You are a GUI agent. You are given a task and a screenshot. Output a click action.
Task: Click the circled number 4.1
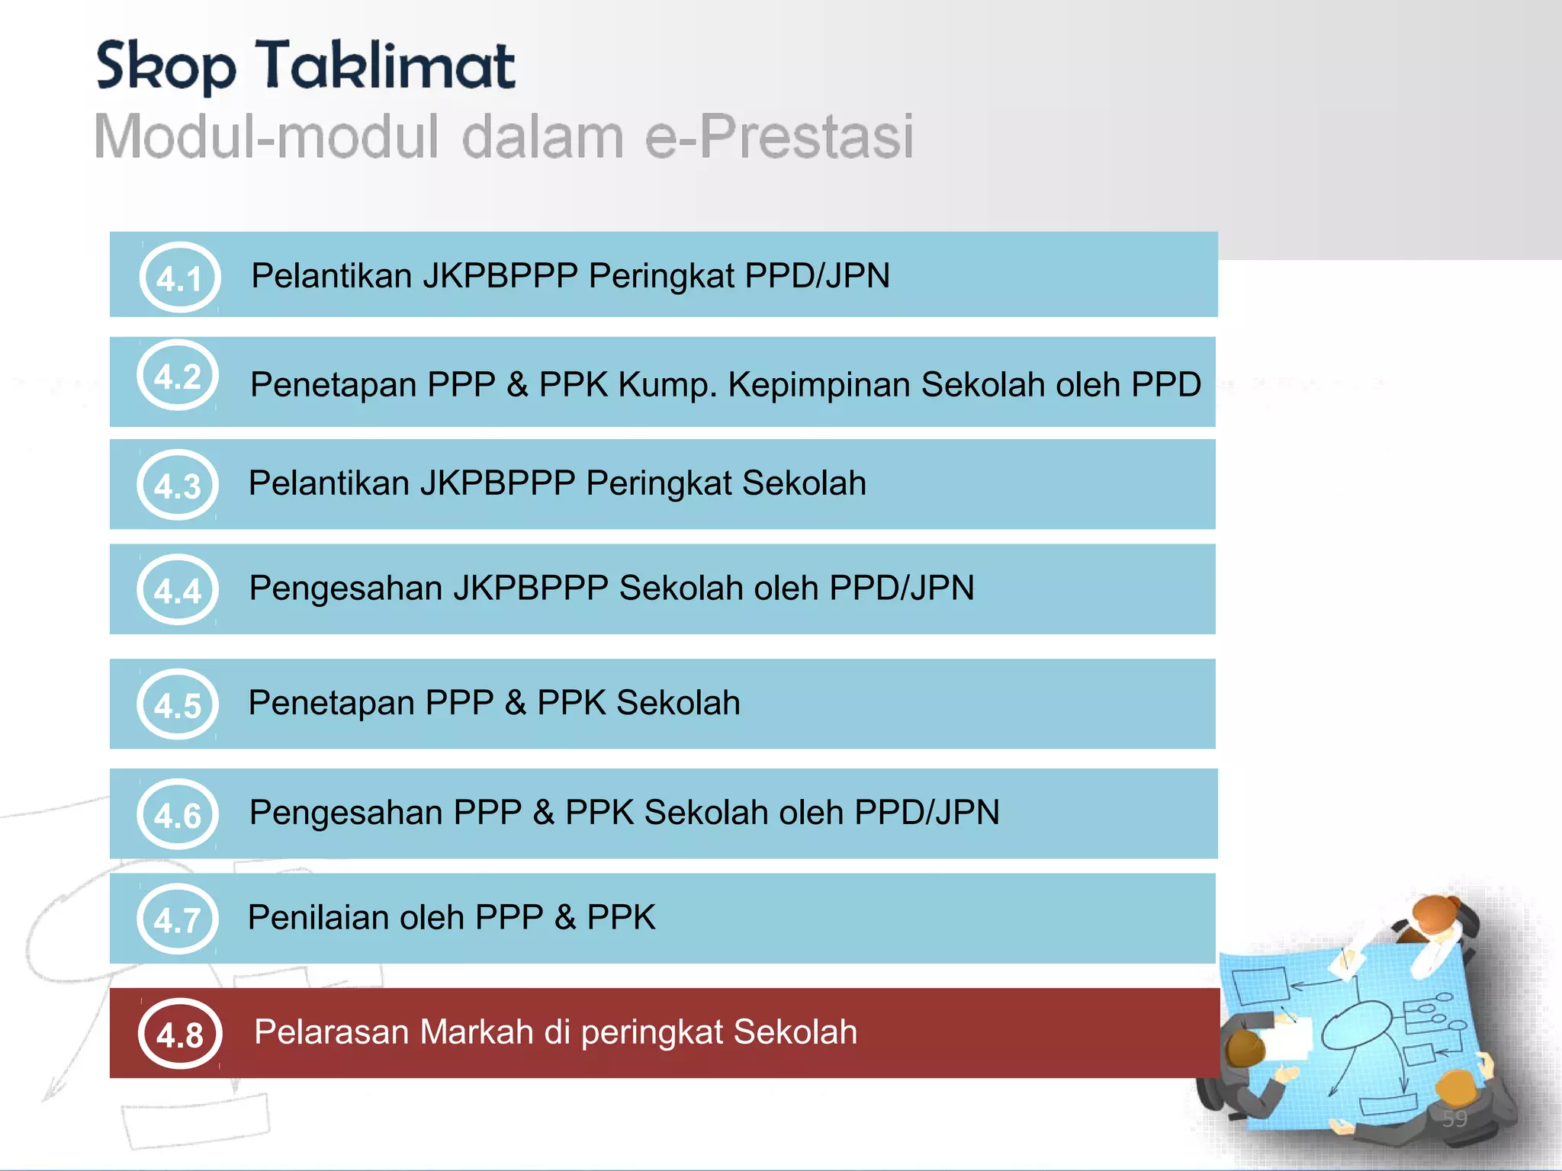pos(180,278)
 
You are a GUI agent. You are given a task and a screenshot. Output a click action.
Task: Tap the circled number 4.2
pos(178,376)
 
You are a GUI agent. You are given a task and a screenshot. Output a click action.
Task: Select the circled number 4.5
pos(178,704)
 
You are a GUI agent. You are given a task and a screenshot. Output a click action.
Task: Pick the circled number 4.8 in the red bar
pos(180,1034)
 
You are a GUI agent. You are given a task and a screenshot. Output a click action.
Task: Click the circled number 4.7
pos(178,919)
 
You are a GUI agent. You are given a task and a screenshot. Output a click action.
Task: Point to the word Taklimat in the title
pos(385,66)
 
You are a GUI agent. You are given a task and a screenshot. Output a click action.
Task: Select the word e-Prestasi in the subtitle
pos(779,137)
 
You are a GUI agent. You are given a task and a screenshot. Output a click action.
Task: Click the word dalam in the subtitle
pos(542,137)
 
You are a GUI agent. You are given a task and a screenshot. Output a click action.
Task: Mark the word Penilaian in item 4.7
pos(318,917)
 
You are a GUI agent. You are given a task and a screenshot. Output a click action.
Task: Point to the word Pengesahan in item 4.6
pos(346,813)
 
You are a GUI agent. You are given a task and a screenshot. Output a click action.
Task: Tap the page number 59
pos(1454,1118)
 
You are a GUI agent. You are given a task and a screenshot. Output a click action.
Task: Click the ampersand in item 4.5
pos(516,703)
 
